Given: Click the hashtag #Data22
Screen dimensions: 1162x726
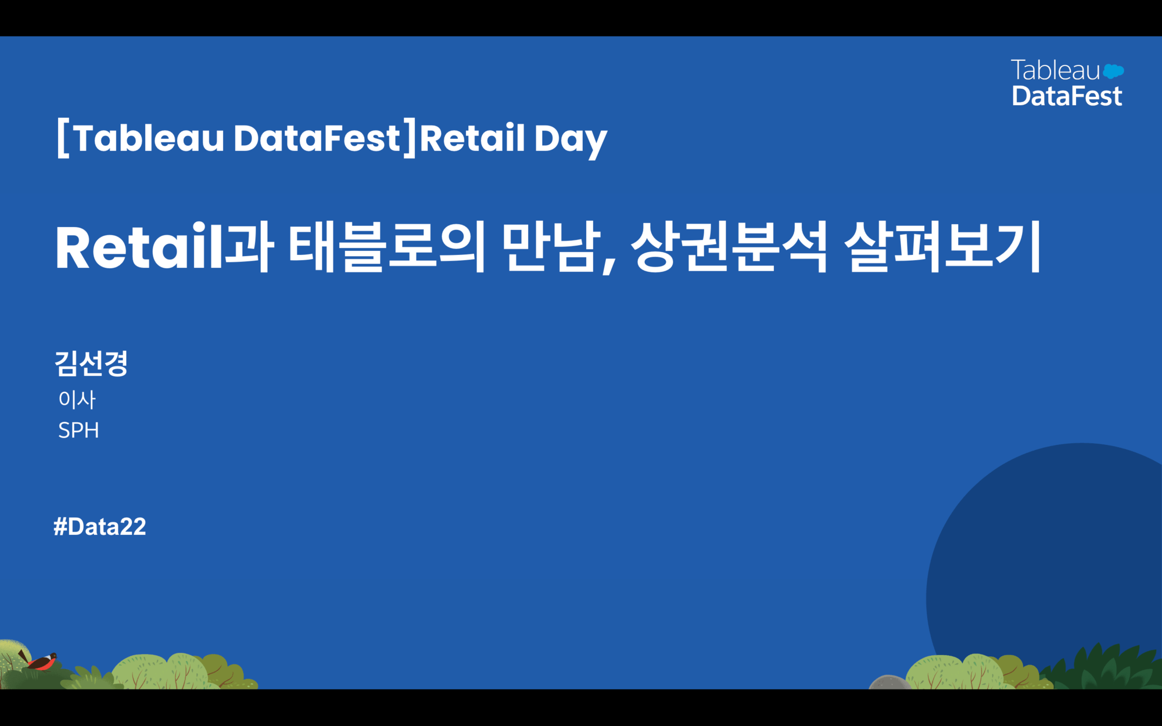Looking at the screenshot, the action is (x=99, y=526).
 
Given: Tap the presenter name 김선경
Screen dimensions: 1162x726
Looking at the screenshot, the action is (x=91, y=364).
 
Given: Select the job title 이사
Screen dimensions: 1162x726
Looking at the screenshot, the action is (x=77, y=399).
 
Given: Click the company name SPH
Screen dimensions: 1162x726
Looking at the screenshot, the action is (x=78, y=430).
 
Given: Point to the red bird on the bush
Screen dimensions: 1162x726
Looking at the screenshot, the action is (x=41, y=661).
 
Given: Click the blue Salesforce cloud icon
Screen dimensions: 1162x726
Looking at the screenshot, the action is (x=1113, y=71).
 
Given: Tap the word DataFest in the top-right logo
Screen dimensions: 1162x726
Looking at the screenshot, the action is (x=1067, y=96).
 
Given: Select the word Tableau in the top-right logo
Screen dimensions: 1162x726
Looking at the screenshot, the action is (x=1055, y=70).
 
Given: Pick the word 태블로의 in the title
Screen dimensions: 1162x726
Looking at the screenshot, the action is (x=386, y=247).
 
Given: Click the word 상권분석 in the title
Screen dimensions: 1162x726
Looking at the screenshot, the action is (x=729, y=247).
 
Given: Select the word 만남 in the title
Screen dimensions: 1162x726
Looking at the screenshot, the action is (x=551, y=247).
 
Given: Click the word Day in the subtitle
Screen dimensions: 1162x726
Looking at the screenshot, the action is (x=571, y=139).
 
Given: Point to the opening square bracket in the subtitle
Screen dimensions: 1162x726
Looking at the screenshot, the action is (x=63, y=138).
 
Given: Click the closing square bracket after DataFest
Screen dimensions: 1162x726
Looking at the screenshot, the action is (x=410, y=138).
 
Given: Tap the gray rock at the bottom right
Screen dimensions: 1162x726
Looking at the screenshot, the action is (x=889, y=682).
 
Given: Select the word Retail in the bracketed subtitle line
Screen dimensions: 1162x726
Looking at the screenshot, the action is (x=472, y=138).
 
